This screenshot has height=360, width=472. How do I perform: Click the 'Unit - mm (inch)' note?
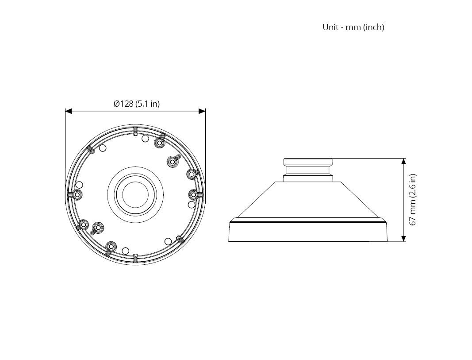[x=353, y=27]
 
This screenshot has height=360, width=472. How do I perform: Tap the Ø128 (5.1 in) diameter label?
[x=137, y=104]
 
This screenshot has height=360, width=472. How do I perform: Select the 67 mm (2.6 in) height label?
[x=413, y=199]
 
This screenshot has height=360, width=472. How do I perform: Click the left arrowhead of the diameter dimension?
[x=68, y=112]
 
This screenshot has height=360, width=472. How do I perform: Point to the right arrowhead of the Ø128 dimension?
[x=202, y=112]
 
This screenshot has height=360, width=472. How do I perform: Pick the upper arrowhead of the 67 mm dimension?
[x=403, y=162]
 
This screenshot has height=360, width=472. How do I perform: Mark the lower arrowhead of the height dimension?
[x=403, y=238]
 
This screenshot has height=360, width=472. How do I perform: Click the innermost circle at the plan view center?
[x=135, y=194]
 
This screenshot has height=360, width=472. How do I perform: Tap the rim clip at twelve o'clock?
[x=135, y=131]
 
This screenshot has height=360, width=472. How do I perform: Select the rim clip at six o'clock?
[x=135, y=258]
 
